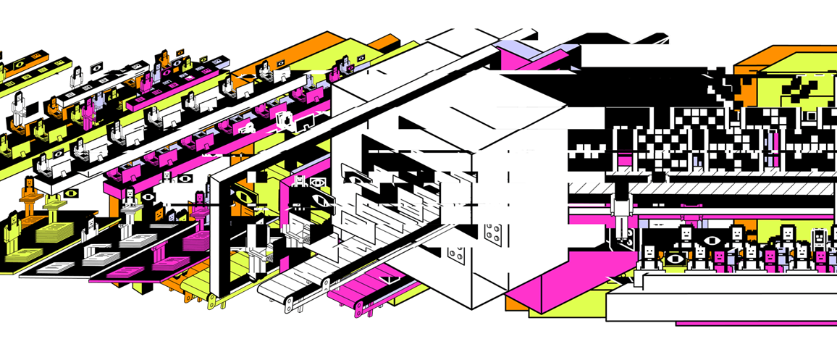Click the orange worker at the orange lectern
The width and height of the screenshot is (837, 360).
click(29, 196)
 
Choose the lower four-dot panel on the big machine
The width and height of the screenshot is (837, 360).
click(457, 255)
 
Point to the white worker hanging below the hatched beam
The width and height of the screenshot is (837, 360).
click(622, 214)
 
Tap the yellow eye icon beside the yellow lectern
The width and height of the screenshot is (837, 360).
click(70, 193)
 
